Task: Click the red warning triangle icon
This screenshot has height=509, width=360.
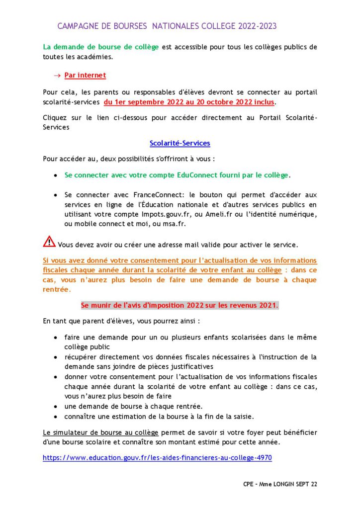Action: tap(49, 242)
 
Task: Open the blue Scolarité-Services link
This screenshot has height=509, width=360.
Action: tap(180, 143)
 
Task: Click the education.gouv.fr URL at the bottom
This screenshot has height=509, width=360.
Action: tap(157, 457)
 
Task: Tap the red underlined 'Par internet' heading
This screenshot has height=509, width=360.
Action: tap(85, 75)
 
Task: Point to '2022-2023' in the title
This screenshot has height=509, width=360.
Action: tap(257, 26)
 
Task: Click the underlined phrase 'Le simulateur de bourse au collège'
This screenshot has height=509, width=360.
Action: tap(100, 432)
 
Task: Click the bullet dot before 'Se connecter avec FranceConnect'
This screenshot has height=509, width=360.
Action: tap(55, 195)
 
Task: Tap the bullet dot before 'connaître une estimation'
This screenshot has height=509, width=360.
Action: tap(55, 416)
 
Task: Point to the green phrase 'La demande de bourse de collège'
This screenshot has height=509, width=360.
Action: tap(101, 47)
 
